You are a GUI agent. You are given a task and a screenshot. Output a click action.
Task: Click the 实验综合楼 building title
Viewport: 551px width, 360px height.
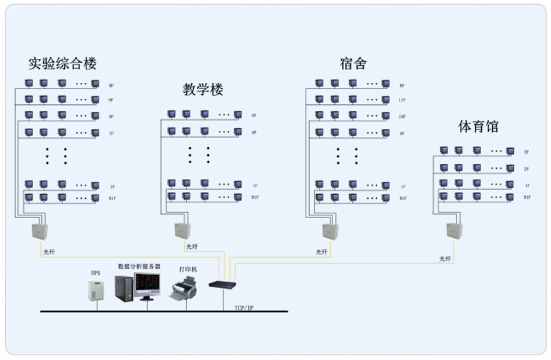pos(62,64)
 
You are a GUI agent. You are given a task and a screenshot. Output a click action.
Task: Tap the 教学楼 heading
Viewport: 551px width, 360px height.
pos(203,90)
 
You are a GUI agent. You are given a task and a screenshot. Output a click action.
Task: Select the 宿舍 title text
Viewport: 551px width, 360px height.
pos(353,64)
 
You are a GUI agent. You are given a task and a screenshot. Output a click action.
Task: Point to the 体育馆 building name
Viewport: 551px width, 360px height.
pos(478,126)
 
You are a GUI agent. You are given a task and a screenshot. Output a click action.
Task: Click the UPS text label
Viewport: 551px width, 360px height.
pos(96,272)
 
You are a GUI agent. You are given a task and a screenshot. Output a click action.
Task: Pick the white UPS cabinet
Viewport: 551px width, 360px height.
pos(97,291)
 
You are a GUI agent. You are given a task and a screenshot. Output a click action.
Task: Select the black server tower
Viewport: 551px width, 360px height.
pos(123,287)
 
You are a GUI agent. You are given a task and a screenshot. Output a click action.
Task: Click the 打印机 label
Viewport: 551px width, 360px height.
pos(187,269)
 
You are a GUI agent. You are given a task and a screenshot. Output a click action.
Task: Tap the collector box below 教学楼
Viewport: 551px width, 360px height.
pos(182,231)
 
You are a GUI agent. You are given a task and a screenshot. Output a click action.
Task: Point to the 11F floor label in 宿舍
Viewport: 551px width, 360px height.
pos(403,100)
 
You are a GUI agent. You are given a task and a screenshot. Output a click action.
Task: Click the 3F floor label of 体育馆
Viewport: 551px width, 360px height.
pos(527,152)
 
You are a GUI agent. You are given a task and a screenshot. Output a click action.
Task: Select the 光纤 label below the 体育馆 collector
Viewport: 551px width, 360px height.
pos(445,259)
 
